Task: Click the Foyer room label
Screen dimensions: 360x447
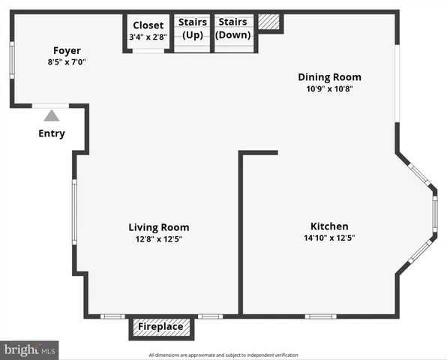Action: pyautogui.click(x=67, y=51)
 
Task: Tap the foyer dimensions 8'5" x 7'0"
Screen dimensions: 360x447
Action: pyautogui.click(x=67, y=62)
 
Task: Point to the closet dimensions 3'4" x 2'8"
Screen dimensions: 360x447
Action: pyautogui.click(x=148, y=36)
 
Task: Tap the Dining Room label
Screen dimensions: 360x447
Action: pyautogui.click(x=329, y=76)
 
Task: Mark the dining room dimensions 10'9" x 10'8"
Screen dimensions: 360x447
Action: pyautogui.click(x=329, y=88)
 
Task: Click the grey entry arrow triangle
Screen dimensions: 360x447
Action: pyautogui.click(x=51, y=115)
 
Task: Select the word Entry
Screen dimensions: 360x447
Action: pyautogui.click(x=51, y=134)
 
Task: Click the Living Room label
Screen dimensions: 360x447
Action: pyautogui.click(x=158, y=227)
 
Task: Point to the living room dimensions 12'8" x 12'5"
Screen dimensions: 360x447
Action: pyautogui.click(x=158, y=239)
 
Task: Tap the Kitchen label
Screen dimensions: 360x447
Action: pyautogui.click(x=329, y=226)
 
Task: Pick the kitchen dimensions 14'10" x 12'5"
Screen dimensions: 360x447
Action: pyautogui.click(x=329, y=238)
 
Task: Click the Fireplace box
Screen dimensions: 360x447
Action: pyautogui.click(x=160, y=327)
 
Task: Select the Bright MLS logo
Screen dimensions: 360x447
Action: pyautogui.click(x=30, y=349)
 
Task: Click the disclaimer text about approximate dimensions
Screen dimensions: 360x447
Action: pyautogui.click(x=223, y=355)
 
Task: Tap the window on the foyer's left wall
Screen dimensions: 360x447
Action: pyautogui.click(x=11, y=65)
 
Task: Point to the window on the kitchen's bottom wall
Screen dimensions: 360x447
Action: pyautogui.click(x=320, y=316)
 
